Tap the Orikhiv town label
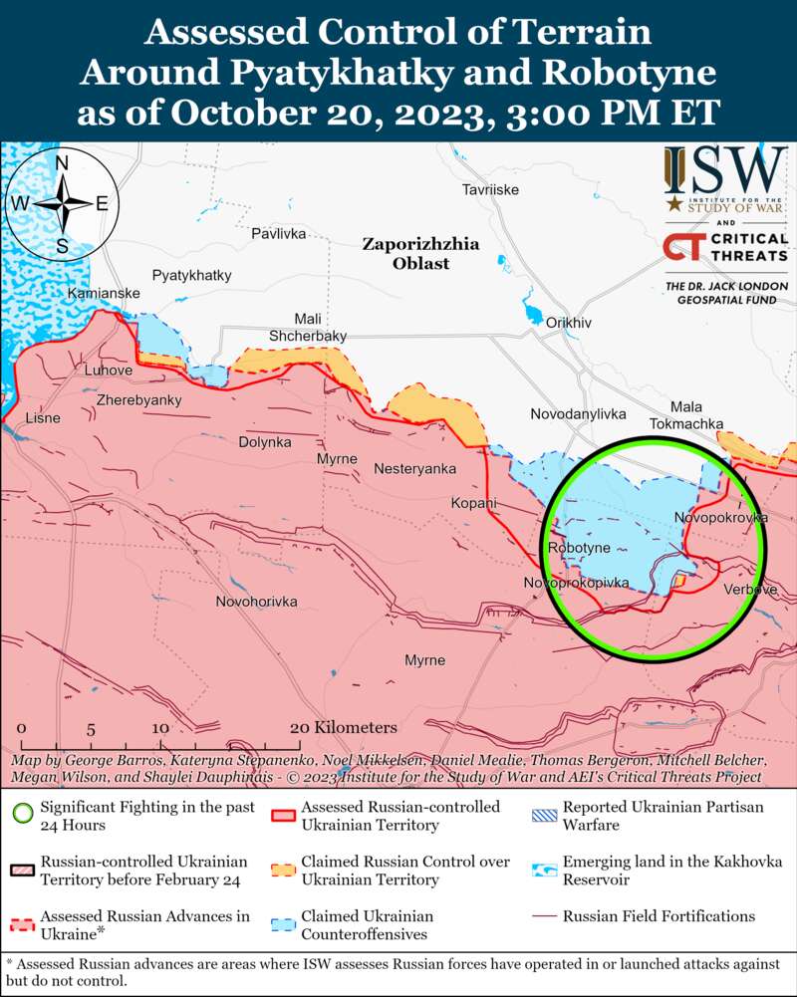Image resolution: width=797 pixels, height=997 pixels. (x=569, y=323)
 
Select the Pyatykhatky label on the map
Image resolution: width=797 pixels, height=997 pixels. (x=191, y=275)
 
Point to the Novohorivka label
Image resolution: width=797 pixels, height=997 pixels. (x=256, y=602)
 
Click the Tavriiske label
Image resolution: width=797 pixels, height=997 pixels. (x=490, y=189)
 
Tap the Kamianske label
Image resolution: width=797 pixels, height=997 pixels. (x=104, y=294)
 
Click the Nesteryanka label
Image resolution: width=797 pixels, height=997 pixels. (x=414, y=468)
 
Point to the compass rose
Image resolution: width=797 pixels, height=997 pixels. (x=62, y=203)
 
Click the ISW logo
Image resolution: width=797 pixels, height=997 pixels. (x=725, y=180)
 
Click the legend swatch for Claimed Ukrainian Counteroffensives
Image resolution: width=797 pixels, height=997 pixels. (x=284, y=923)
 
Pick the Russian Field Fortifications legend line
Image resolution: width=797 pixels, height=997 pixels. (x=543, y=916)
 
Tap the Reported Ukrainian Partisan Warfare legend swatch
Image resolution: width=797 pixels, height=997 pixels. (x=543, y=815)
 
